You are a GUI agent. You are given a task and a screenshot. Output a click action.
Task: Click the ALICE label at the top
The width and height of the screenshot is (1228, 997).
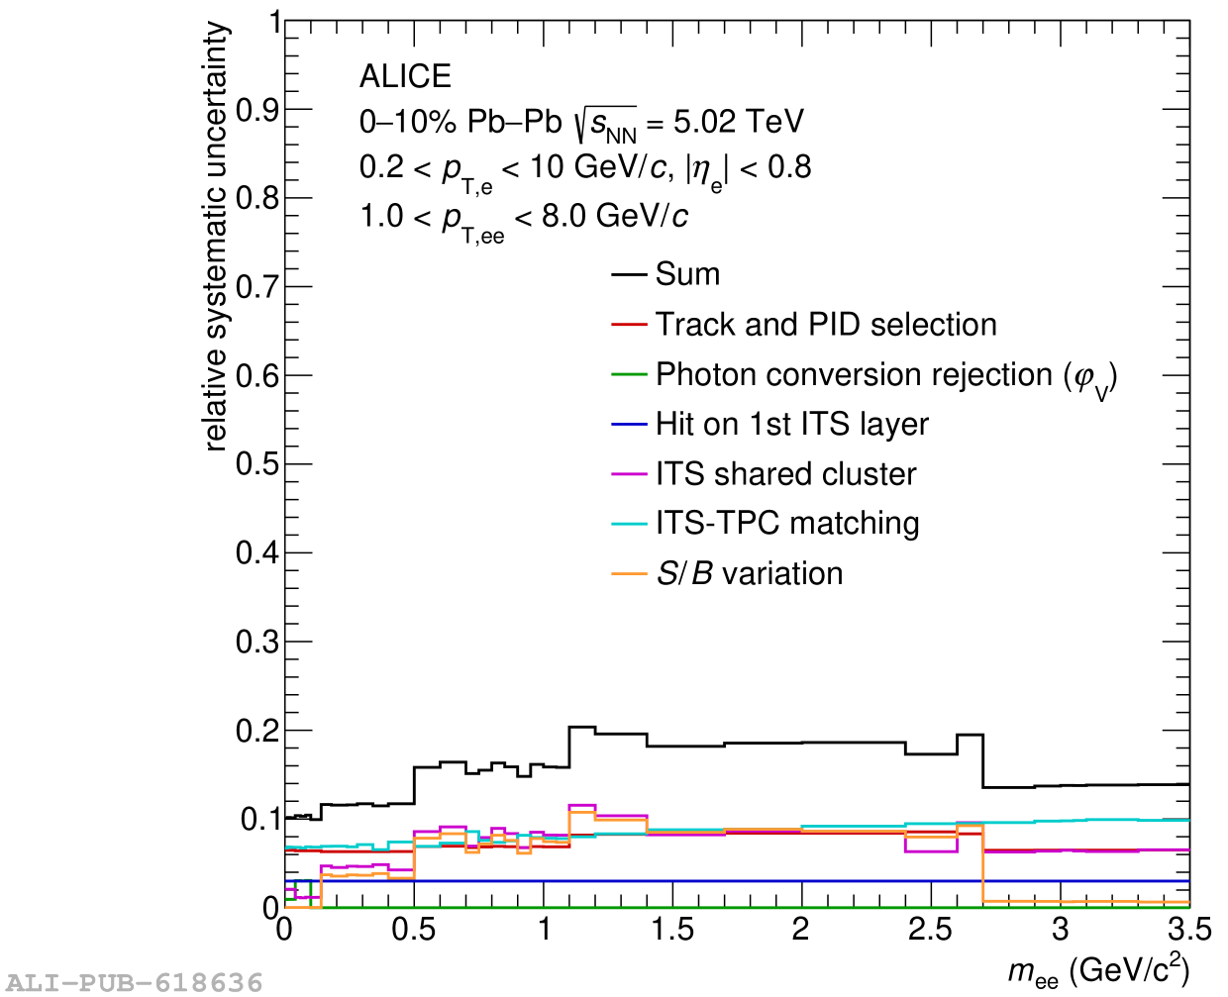tap(405, 76)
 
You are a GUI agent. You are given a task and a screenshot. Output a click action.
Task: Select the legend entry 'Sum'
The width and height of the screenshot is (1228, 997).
tap(687, 274)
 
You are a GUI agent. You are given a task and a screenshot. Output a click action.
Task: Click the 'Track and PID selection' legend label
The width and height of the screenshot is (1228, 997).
tap(826, 325)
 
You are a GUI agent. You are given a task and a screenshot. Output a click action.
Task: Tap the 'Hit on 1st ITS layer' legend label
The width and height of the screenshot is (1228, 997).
tap(791, 425)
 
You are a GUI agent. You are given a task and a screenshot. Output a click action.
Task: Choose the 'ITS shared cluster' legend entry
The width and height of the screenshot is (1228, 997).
tap(785, 474)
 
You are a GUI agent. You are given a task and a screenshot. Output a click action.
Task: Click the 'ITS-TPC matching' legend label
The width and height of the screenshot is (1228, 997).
tap(787, 524)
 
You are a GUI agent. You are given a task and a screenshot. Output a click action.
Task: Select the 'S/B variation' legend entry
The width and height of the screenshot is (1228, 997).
tap(749, 574)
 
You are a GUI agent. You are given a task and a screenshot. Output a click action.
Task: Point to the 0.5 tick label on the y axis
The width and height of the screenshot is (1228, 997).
tap(257, 464)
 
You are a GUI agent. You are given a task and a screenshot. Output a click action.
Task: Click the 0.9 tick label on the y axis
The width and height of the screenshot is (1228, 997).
tap(257, 110)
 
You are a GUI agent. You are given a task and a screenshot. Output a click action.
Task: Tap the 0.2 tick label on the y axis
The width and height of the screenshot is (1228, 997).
tap(257, 731)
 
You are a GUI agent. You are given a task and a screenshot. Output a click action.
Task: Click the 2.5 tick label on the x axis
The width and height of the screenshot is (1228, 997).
tap(930, 930)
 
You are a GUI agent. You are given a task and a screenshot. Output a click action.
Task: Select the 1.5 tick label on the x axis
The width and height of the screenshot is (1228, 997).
tap(672, 930)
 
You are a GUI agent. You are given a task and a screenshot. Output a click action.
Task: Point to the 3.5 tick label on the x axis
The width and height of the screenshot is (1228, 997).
tap(1188, 930)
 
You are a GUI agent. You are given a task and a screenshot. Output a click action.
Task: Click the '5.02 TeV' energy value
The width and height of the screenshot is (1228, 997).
tap(739, 122)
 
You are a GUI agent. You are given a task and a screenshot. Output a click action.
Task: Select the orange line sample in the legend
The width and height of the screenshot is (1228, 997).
tap(629, 574)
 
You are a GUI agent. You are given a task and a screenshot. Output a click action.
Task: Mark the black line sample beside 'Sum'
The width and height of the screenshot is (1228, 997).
tap(629, 274)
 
